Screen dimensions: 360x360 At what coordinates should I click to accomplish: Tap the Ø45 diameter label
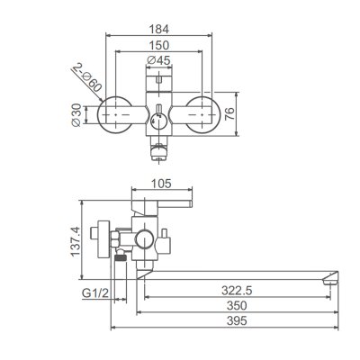(159, 61)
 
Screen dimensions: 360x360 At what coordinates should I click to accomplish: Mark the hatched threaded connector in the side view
(118, 258)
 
